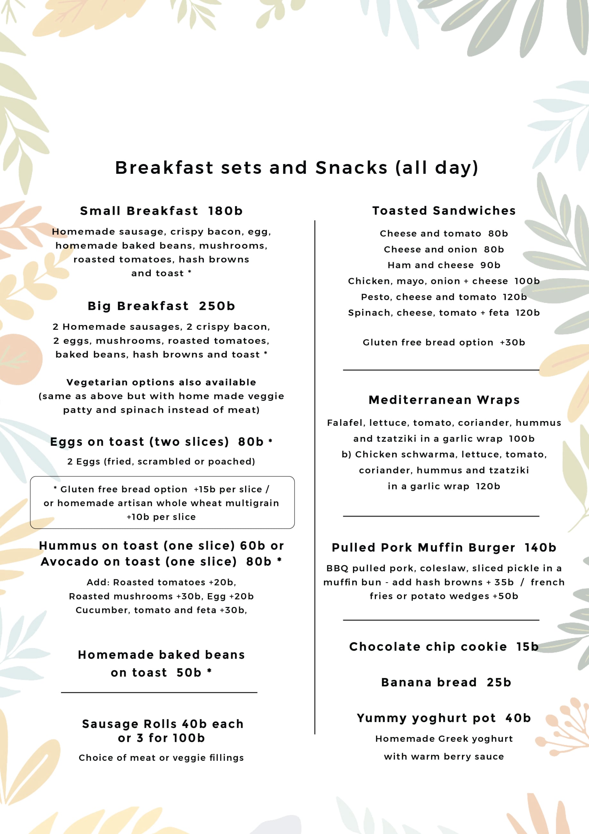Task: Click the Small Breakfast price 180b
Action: pos(225,211)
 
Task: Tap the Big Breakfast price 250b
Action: pos(217,306)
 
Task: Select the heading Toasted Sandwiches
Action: pos(444,211)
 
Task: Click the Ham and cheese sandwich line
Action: pos(444,265)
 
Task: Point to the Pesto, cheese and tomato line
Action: pos(444,297)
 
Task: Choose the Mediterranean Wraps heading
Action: pos(444,400)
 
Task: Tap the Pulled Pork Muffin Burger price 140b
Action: pos(540,548)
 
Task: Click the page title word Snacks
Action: pos(351,168)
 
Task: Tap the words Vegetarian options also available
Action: pos(161,382)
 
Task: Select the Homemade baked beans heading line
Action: pos(161,654)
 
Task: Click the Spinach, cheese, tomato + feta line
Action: pos(444,313)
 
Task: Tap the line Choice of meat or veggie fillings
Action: pos(161,758)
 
